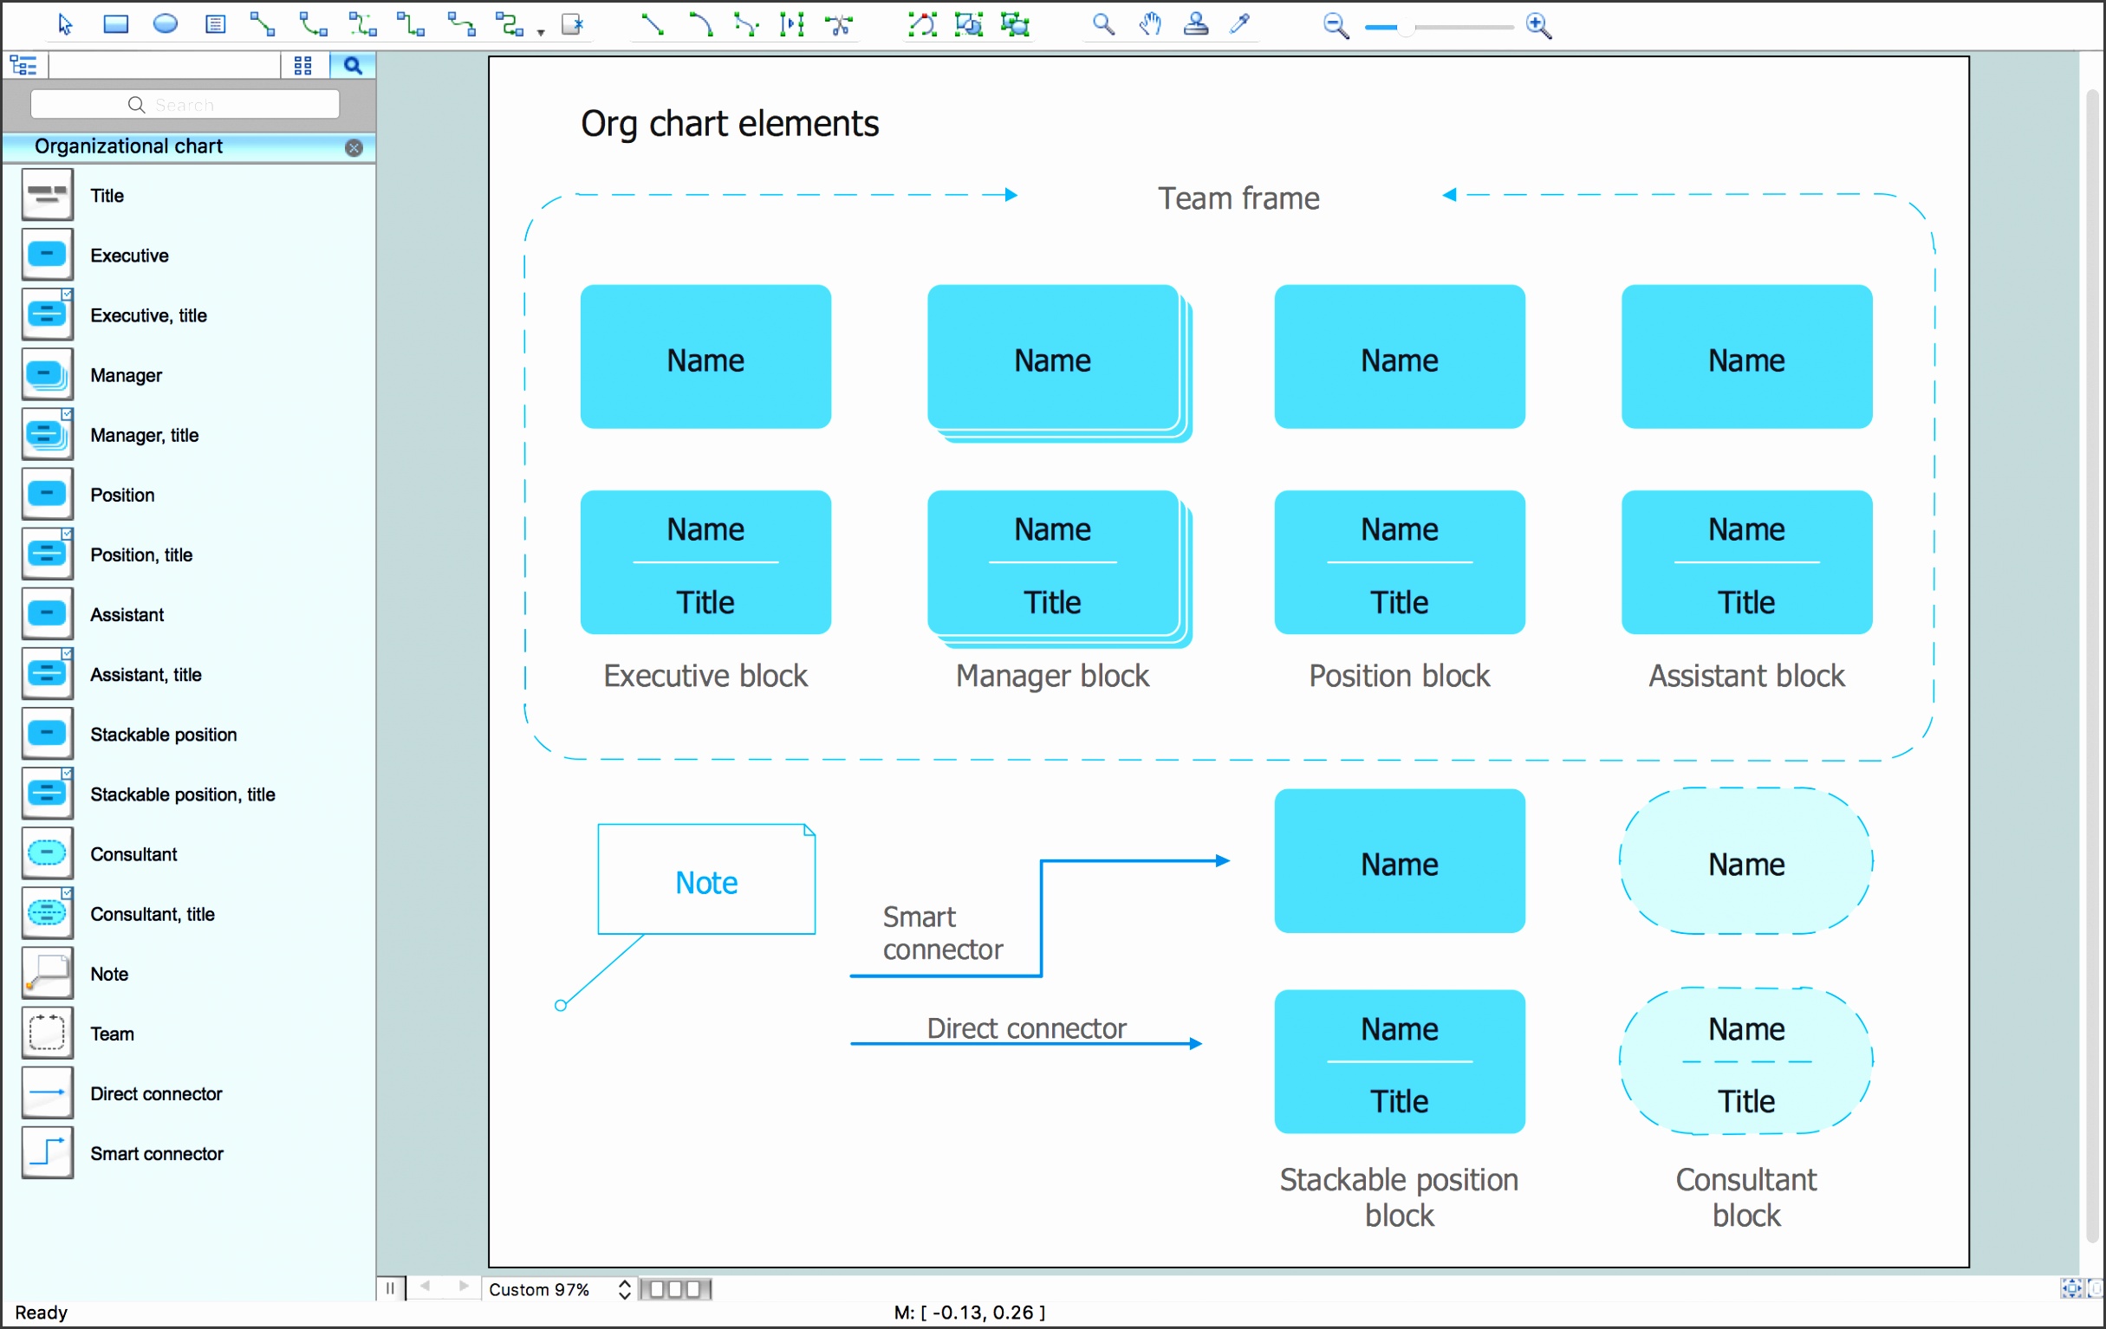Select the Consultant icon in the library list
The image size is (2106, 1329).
pos(47,853)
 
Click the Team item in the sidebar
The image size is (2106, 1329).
pos(112,1034)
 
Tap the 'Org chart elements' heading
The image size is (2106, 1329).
pos(730,124)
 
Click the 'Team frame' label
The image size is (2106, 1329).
pos(1238,198)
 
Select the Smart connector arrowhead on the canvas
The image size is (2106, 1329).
pos(1223,861)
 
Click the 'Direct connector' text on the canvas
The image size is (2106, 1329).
pos(1025,1028)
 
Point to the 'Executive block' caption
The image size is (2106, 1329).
pos(705,676)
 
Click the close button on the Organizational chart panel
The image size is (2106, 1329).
pos(354,148)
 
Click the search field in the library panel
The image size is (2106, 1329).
pos(185,105)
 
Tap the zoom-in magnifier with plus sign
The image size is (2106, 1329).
pos(1538,26)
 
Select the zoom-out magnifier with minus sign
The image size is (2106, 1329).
pos(1335,26)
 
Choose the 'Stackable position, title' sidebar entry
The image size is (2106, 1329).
pos(182,794)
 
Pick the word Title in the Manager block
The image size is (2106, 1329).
pos(1052,602)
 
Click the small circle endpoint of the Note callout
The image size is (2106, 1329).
pos(561,1006)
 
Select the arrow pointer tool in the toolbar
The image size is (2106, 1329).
pos(65,23)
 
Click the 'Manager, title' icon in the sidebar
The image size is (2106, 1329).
pos(47,435)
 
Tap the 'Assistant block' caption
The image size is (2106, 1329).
pos(1745,676)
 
